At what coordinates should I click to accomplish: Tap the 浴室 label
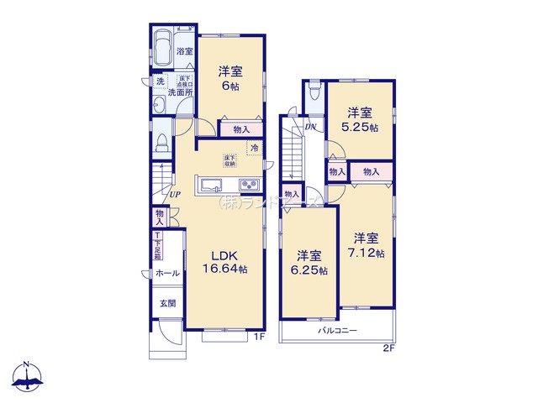pos(185,52)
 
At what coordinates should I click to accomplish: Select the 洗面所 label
pos(179,92)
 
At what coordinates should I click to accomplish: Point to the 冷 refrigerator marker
pos(254,149)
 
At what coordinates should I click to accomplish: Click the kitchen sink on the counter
pos(210,186)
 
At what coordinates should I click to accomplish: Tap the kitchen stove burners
pos(250,186)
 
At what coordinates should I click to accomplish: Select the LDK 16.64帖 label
pos(222,262)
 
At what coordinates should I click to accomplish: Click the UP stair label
pos(175,196)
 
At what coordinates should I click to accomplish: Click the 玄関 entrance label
pos(167,303)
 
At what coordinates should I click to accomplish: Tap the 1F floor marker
pos(260,338)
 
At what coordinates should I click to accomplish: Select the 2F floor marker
pos(388,348)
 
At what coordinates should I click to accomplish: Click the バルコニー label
pos(337,331)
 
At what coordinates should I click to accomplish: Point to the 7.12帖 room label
pos(368,245)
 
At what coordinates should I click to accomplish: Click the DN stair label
pos(310,128)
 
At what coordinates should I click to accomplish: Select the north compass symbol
pos(28,377)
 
